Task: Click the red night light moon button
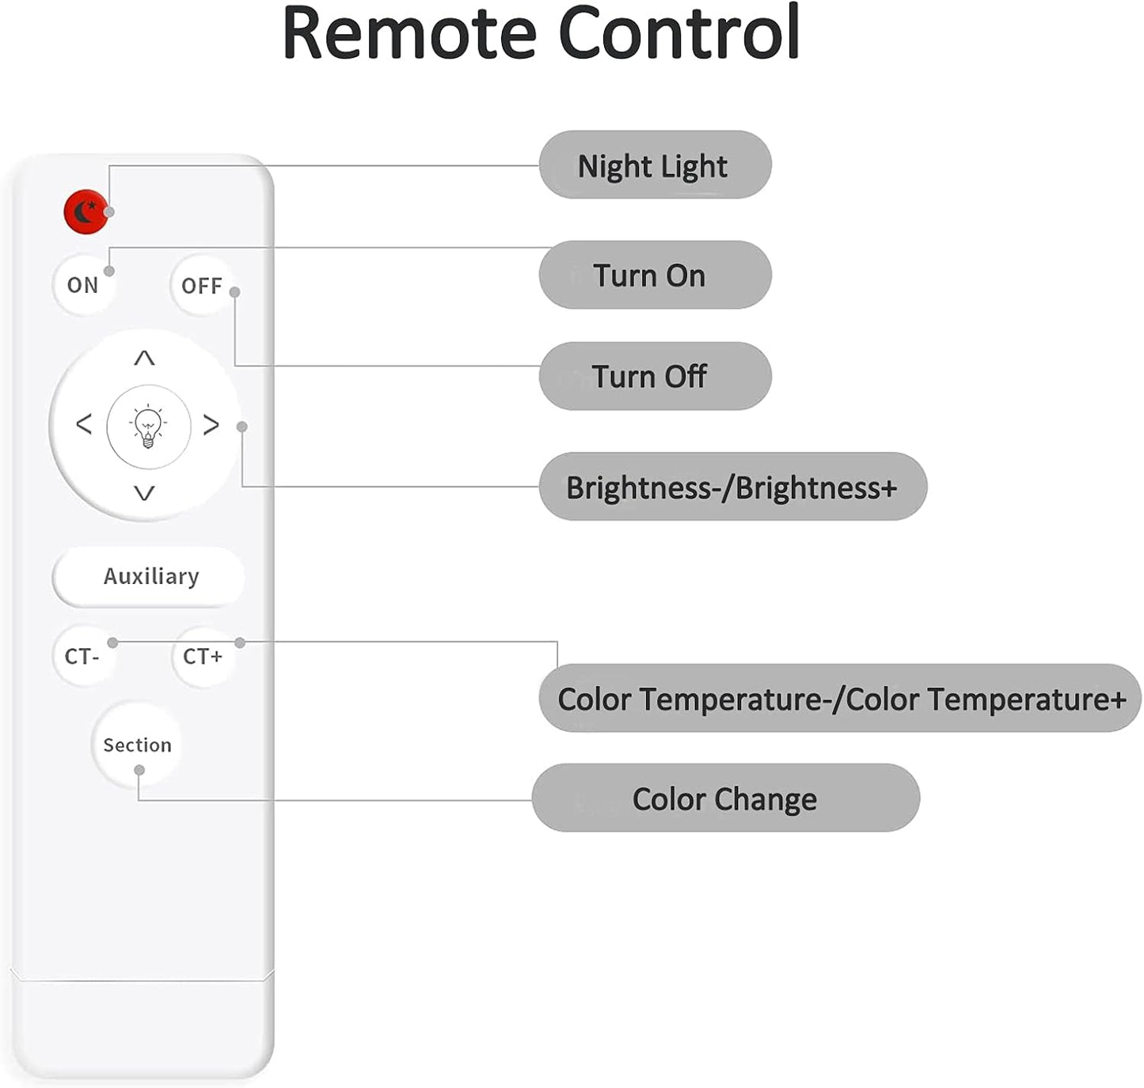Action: click(86, 211)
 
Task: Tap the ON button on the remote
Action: click(83, 285)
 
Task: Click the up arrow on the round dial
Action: click(144, 357)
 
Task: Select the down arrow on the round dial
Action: click(144, 494)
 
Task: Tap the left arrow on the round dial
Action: click(84, 424)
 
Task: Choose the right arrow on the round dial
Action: click(211, 425)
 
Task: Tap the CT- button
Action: click(83, 656)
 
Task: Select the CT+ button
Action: click(203, 656)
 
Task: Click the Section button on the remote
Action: click(137, 745)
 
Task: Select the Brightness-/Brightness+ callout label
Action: click(732, 487)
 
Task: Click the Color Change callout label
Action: click(726, 798)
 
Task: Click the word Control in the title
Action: click(679, 32)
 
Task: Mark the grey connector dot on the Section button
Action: click(139, 771)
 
